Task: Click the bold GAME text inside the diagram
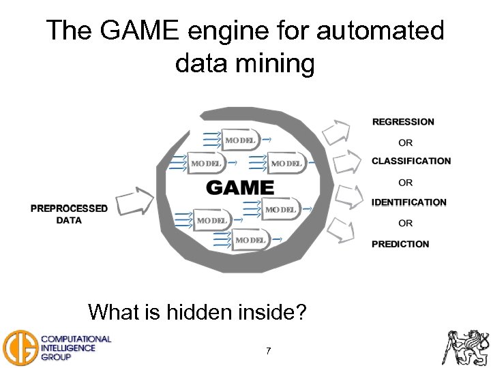(x=240, y=188)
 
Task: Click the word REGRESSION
(x=403, y=122)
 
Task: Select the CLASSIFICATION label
(x=411, y=162)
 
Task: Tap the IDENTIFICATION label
(x=409, y=202)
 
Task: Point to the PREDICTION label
(x=400, y=244)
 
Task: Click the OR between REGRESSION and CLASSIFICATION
(x=406, y=142)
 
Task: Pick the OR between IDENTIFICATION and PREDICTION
(x=406, y=224)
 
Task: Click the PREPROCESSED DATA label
(x=69, y=214)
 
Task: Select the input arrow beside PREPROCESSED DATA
(x=135, y=202)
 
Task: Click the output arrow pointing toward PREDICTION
(x=340, y=231)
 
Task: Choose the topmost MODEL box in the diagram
(x=238, y=140)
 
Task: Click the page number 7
(x=268, y=351)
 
